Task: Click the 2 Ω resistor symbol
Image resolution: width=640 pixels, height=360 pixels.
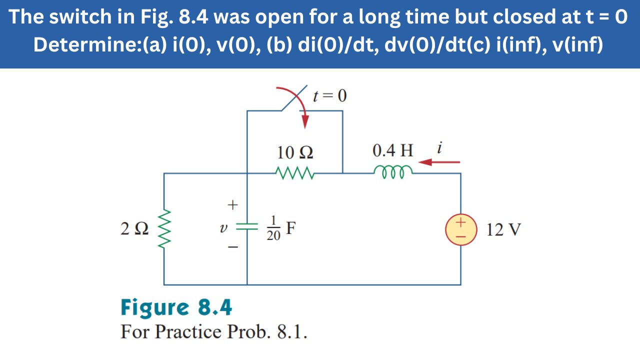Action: point(164,229)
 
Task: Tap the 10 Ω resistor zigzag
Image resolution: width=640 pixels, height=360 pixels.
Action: point(295,173)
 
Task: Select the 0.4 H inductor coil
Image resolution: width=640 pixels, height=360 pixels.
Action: point(393,171)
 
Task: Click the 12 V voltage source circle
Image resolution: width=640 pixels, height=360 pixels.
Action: point(460,229)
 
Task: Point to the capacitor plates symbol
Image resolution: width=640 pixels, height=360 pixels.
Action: point(247,226)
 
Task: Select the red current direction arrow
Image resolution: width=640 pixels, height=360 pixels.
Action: point(439,162)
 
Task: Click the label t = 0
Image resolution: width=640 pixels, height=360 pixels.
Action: point(329,95)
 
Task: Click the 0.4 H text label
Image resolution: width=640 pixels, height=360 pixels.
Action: point(393,150)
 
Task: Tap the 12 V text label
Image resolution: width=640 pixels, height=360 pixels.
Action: point(503,230)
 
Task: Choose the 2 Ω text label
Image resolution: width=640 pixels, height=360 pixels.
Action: point(134,229)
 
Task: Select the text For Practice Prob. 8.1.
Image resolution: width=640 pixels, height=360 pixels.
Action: point(213,332)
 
